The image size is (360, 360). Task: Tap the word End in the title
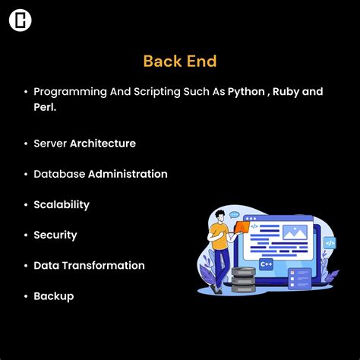pyautogui.click(x=201, y=60)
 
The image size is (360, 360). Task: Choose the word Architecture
pyautogui.click(x=103, y=143)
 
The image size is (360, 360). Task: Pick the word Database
pyautogui.click(x=58, y=174)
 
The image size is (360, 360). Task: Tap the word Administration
pyautogui.click(x=128, y=174)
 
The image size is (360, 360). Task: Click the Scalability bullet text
pyautogui.click(x=62, y=204)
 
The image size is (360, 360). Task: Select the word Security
pyautogui.click(x=55, y=235)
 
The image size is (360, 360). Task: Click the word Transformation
pyautogui.click(x=107, y=265)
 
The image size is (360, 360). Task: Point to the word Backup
pyautogui.click(x=54, y=295)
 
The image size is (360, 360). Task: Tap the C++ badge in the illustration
pyautogui.click(x=267, y=264)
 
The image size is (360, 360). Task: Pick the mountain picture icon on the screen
pyautogui.click(x=294, y=230)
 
